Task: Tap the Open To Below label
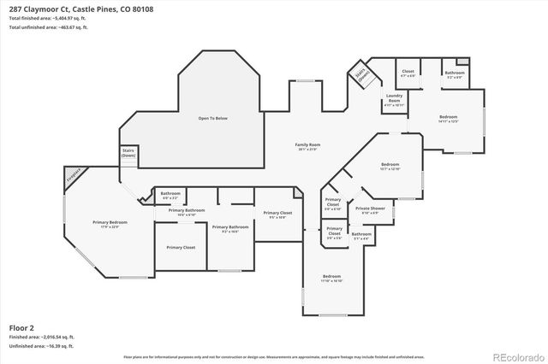[x=217, y=118]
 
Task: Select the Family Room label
[x=307, y=146]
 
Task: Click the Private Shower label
[x=369, y=209]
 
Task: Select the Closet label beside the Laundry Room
[x=408, y=73]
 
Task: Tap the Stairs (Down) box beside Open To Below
[x=128, y=154]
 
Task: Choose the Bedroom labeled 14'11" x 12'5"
[x=449, y=118]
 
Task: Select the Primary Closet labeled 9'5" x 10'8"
[x=277, y=214]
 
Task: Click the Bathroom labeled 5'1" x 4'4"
[x=360, y=235]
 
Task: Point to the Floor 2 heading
[x=21, y=327]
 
